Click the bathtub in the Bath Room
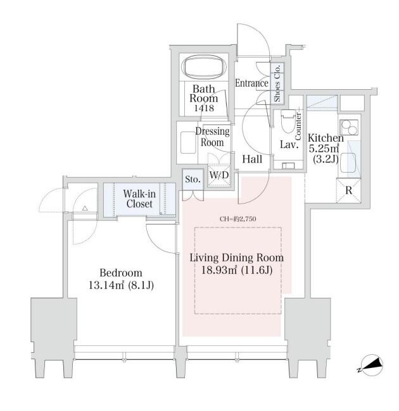(x=203, y=67)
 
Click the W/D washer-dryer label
(x=219, y=174)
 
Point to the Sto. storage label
(x=193, y=180)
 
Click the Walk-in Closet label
(x=139, y=199)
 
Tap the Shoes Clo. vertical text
(x=278, y=83)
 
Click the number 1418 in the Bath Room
(x=203, y=108)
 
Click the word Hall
(x=252, y=159)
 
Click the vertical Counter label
(x=298, y=123)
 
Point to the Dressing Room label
(x=212, y=137)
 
